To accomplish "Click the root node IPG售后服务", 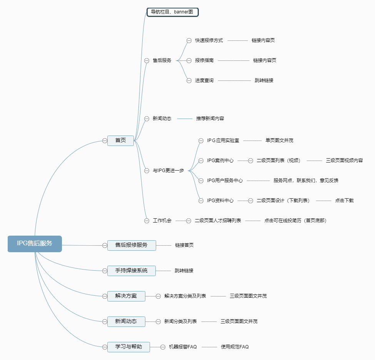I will (35, 244).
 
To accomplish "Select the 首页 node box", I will (120, 141).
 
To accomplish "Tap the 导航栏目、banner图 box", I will (172, 12).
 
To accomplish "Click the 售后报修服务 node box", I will (132, 245).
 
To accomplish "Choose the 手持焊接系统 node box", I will (132, 271).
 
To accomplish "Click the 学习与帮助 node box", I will (128, 347).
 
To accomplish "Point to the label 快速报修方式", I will (209, 40).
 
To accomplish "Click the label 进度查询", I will (204, 80).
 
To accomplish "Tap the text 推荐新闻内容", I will (210, 119).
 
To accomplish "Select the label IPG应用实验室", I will (223, 141).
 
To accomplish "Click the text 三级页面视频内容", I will (344, 161).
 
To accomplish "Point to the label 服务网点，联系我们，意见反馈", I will (306, 181).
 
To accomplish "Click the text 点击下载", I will (344, 201).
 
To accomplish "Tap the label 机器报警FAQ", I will (183, 347).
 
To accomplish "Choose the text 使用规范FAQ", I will (235, 347).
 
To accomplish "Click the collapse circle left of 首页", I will (105, 141).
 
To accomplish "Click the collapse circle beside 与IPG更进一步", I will (147, 171).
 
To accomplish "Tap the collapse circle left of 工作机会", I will (147, 221).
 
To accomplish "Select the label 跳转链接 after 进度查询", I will (264, 80).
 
